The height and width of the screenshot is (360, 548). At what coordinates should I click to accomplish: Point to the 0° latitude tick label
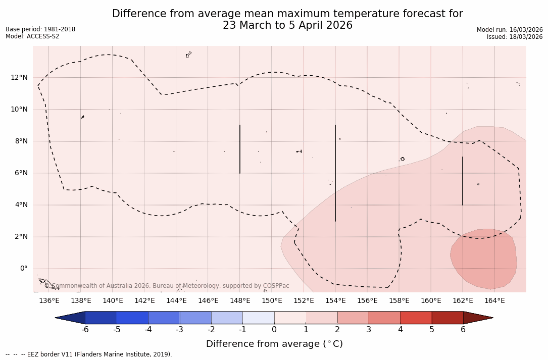[x=24, y=269]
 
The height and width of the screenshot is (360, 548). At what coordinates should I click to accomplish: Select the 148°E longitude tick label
[x=240, y=301]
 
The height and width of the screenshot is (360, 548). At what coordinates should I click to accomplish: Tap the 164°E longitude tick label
[x=494, y=301]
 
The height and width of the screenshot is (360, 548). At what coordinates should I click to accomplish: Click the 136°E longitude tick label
[x=49, y=301]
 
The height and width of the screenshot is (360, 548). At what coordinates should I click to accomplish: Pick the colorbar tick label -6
[x=85, y=330]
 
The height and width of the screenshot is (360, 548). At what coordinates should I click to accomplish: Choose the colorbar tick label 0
[x=274, y=330]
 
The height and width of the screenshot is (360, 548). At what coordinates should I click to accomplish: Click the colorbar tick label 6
[x=463, y=330]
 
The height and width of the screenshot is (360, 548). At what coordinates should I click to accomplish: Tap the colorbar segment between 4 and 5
[x=416, y=318]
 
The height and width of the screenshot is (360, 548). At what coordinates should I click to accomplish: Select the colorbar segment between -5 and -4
[x=132, y=318]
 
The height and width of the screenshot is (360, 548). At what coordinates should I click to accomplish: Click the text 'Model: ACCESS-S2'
[x=32, y=36]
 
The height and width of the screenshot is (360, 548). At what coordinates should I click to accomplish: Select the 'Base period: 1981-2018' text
[x=40, y=29]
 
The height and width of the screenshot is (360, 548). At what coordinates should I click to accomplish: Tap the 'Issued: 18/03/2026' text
[x=515, y=37]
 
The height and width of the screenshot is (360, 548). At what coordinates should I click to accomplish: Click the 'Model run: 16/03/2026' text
[x=510, y=30]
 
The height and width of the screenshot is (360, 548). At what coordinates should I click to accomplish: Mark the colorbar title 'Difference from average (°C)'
[x=274, y=344]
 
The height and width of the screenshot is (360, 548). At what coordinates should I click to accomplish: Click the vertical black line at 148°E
[x=240, y=149]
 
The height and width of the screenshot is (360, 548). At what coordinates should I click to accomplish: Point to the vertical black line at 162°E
[x=463, y=181]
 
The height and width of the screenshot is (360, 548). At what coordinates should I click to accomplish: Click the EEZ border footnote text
[x=89, y=354]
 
